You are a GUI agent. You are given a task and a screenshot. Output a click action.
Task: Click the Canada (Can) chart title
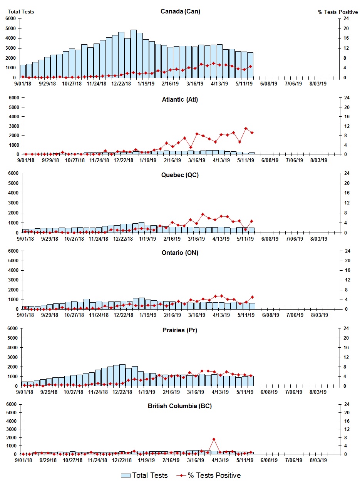coord(180,11)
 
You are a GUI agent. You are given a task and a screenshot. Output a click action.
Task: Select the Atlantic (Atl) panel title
coord(180,100)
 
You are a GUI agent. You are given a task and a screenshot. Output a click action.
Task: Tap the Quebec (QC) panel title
coord(180,175)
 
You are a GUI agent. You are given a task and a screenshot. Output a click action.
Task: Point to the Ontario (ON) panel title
coord(180,253)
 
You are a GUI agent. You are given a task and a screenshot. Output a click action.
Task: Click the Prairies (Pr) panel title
coord(180,330)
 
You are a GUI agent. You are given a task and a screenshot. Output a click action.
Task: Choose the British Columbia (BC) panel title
coord(180,406)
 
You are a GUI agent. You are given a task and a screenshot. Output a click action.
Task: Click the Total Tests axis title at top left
coord(21,12)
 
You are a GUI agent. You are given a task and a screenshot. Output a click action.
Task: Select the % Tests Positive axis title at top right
coord(338,12)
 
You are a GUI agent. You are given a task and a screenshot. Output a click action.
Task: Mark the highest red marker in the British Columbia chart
coord(214,439)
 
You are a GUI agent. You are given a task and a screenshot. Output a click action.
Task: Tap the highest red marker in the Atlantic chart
coord(246,128)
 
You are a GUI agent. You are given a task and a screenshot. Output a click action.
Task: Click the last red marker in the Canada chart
coord(250,66)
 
